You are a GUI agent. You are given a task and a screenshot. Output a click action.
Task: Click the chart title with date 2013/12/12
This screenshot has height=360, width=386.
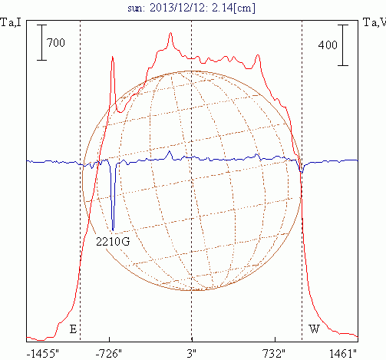(x=191, y=8)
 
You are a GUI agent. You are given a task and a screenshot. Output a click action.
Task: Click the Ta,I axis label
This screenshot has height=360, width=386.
(x=11, y=22)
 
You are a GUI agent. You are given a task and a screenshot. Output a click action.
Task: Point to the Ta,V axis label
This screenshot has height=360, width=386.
(x=374, y=22)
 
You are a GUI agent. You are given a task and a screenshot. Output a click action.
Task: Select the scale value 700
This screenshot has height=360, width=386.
(x=56, y=42)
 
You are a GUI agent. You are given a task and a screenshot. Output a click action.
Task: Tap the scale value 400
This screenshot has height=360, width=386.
(x=328, y=45)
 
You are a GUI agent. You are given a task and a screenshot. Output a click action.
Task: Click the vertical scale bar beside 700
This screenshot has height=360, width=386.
(x=41, y=42)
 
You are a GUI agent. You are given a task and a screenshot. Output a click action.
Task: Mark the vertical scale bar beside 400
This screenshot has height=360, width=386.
(x=343, y=45)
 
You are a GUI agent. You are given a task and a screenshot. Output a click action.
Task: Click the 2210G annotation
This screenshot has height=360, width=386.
(x=113, y=241)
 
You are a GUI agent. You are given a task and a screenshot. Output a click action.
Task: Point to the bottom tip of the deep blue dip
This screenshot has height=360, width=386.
(x=113, y=230)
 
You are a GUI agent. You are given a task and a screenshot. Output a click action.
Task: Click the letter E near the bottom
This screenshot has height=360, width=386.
(x=73, y=329)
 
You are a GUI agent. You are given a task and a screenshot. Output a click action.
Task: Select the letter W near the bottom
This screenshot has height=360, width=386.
(x=314, y=329)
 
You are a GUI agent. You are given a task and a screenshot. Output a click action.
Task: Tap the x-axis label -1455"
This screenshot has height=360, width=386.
(x=43, y=354)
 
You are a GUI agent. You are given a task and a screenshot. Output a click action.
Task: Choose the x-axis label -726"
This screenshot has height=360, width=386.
(x=109, y=354)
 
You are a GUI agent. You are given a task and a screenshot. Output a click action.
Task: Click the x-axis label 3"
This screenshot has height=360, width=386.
(x=191, y=354)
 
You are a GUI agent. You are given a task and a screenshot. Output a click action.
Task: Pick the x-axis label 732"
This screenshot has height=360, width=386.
(x=274, y=354)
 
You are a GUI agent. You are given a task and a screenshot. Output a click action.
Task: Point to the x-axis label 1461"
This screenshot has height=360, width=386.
(x=343, y=354)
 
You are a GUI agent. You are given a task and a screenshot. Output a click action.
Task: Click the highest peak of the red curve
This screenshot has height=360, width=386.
(x=170, y=33)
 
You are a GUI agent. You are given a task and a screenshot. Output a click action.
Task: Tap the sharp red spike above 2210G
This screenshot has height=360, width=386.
(x=112, y=56)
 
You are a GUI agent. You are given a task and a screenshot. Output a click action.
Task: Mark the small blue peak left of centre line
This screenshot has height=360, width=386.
(x=169, y=151)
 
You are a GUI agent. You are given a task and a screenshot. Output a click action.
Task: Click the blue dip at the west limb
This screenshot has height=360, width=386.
(x=302, y=173)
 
